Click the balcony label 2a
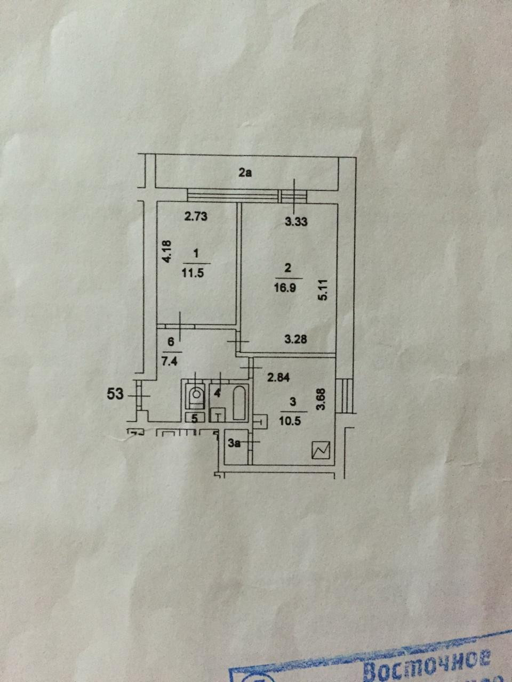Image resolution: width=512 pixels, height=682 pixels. click(245, 172)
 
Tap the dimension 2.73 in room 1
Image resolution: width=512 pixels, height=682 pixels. click(195, 217)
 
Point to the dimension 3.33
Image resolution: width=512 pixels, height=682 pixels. click(297, 222)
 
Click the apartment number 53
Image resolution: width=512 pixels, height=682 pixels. click(116, 395)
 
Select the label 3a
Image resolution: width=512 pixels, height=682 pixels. click(235, 443)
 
